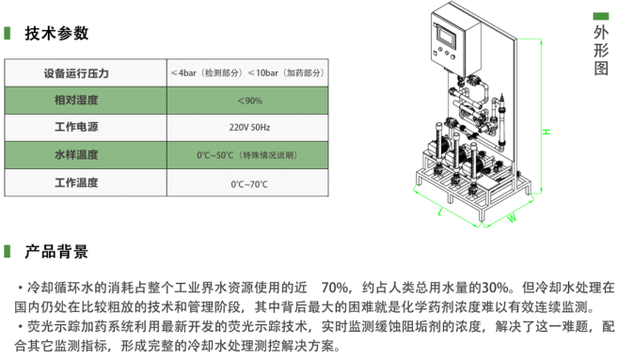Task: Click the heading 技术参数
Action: pyautogui.click(x=56, y=33)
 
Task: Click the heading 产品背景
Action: pyautogui.click(x=56, y=251)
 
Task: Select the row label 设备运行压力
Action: pyautogui.click(x=76, y=73)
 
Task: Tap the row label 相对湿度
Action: pyautogui.click(x=76, y=101)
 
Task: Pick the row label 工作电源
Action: pyautogui.click(x=76, y=127)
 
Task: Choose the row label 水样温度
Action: pyautogui.click(x=76, y=155)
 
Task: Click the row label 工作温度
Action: pyautogui.click(x=76, y=182)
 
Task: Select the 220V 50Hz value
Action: pyautogui.click(x=249, y=127)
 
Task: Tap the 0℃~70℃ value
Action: pyautogui.click(x=249, y=184)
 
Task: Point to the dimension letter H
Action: pyautogui.click(x=547, y=132)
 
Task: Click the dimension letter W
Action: pyautogui.click(x=512, y=218)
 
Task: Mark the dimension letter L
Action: pyautogui.click(x=440, y=211)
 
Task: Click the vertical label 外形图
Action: pyautogui.click(x=601, y=50)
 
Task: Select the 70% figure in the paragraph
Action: pyautogui.click(x=335, y=288)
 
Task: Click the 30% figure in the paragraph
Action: pyautogui.click(x=495, y=288)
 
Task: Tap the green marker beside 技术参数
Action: pyautogui.click(x=8, y=33)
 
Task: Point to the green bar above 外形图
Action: pyautogui.click(x=601, y=16)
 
